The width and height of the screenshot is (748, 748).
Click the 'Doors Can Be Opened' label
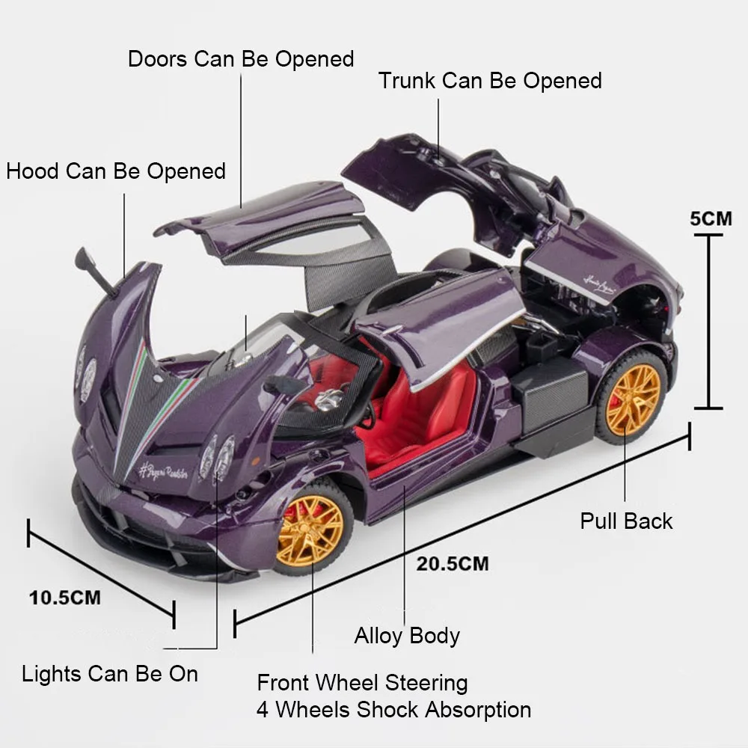tap(240, 59)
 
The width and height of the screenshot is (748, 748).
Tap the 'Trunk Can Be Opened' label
tap(490, 81)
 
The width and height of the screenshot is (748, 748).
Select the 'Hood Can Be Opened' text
tap(116, 171)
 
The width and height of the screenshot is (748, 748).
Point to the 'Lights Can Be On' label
tap(110, 674)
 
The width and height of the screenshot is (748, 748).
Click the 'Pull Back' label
tap(626, 521)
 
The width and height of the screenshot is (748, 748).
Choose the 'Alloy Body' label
tap(407, 636)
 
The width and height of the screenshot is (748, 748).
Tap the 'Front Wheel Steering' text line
tap(362, 683)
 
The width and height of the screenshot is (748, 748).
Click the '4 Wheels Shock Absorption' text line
tap(393, 709)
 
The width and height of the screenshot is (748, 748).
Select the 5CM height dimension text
tap(711, 219)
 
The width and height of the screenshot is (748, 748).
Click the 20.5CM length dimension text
tap(453, 564)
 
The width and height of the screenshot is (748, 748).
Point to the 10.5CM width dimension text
tap(65, 598)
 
